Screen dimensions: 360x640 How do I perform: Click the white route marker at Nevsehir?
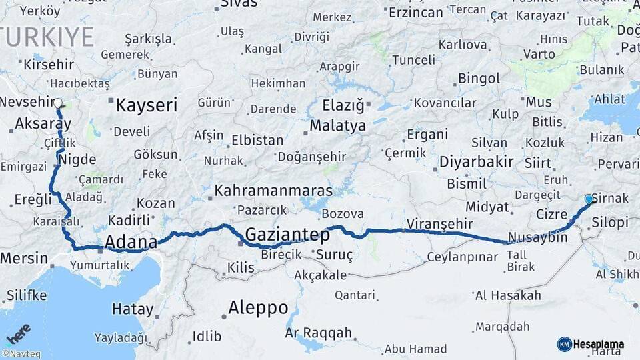coord(59,104)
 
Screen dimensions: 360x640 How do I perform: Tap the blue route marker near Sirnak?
coord(589,199)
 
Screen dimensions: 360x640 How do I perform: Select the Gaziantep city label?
coord(287,235)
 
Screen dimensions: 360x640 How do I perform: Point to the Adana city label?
coord(131,241)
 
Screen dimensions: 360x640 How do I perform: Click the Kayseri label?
coord(146,105)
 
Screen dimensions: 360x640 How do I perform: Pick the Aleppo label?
coord(258,308)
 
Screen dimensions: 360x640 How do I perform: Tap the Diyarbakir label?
coord(476,161)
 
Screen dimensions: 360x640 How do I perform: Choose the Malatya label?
coord(338,125)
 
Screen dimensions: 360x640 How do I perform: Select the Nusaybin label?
coord(537,237)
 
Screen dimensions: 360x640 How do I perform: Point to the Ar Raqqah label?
coord(318,332)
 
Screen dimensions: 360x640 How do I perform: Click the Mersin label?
coord(24,258)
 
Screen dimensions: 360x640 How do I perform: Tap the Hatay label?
coord(132,309)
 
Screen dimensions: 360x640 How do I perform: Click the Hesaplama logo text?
coord(598,344)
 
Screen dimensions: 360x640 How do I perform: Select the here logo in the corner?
coord(19,333)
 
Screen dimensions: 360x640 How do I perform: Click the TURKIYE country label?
coord(47,37)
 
